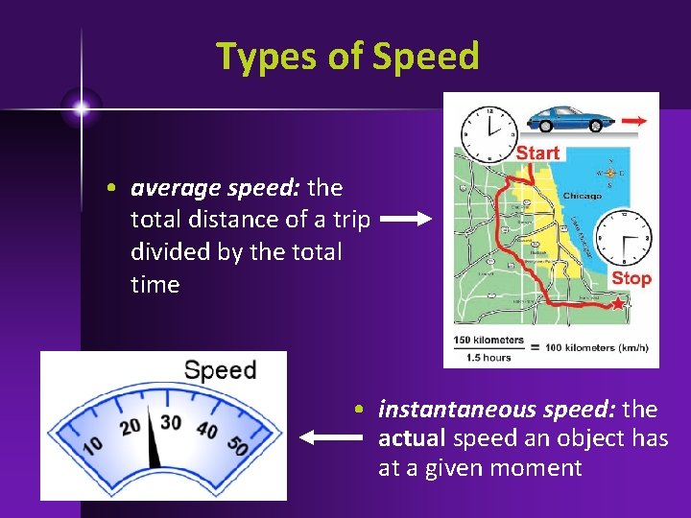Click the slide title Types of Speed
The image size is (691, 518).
[346, 57]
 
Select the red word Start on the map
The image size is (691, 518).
[537, 153]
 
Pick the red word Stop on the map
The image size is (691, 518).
[631, 278]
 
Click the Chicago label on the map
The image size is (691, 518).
[582, 196]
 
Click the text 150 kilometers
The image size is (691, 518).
[489, 340]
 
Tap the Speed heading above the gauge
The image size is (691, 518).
[220, 370]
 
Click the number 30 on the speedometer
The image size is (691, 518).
[171, 422]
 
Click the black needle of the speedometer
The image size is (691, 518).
[154, 445]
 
